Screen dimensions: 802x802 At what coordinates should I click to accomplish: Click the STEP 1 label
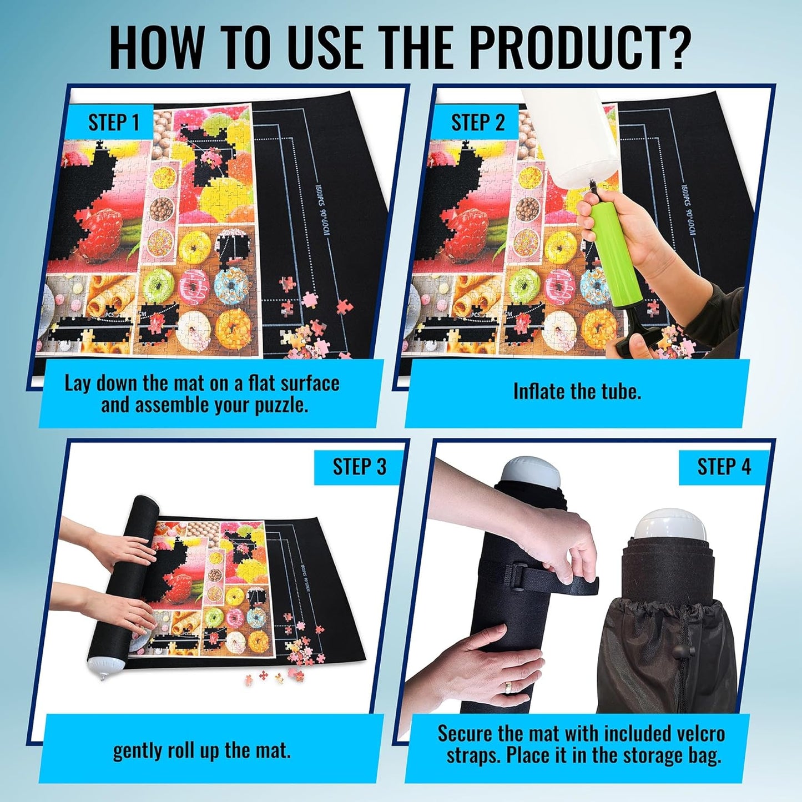pos(113,123)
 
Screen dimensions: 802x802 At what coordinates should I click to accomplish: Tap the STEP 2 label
pos(478,123)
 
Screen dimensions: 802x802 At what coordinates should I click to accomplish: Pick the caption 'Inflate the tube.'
pos(577,392)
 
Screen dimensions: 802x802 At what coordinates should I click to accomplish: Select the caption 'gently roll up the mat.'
pos(201,751)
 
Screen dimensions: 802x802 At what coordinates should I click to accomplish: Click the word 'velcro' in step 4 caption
pos(698,734)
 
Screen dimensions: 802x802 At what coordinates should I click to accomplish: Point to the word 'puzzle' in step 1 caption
pos(280,405)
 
